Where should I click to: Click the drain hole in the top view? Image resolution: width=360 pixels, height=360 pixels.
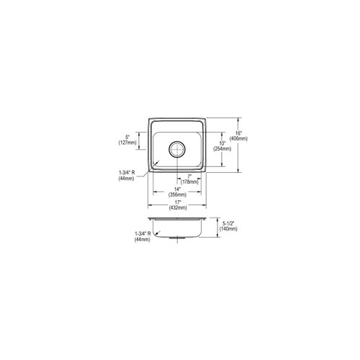click(177, 150)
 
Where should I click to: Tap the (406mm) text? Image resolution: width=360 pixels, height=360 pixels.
click(238, 139)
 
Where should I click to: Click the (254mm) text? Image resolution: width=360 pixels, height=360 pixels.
click(223, 150)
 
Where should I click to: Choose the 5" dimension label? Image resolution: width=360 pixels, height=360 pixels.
click(127, 137)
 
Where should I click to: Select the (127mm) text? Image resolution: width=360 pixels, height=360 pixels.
click(127, 143)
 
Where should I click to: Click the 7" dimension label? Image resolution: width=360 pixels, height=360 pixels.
click(189, 176)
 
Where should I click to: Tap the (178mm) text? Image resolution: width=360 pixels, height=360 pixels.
click(189, 182)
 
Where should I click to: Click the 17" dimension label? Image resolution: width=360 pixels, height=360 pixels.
click(177, 202)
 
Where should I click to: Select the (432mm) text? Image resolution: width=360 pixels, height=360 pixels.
click(177, 207)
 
